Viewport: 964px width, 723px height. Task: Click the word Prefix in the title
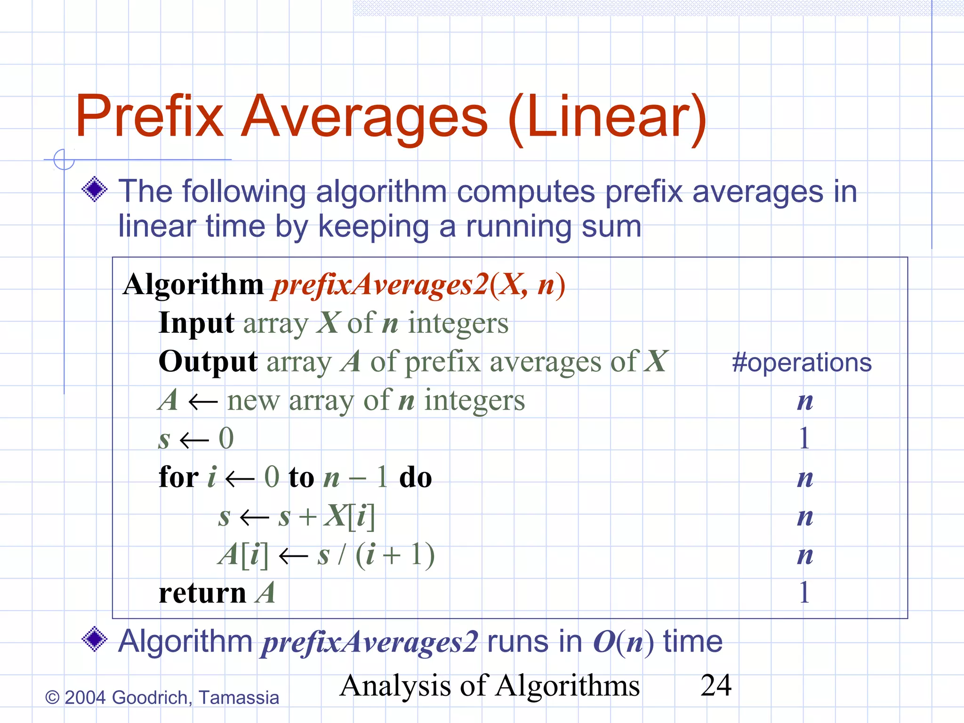coord(150,117)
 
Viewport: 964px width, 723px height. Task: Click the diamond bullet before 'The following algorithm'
coord(95,189)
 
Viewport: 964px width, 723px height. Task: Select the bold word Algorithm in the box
coord(193,285)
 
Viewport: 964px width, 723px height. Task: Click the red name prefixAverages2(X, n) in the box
coord(419,285)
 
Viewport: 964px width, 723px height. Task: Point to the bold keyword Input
coord(196,323)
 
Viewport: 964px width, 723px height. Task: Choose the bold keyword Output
coord(208,361)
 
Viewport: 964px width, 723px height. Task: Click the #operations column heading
coord(802,363)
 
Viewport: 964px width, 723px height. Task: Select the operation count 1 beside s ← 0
coord(804,438)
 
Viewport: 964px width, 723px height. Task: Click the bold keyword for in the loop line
coord(178,477)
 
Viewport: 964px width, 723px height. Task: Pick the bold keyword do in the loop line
coord(415,477)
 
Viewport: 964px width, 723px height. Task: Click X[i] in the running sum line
coord(349,516)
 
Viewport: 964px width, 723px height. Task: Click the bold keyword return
coord(202,593)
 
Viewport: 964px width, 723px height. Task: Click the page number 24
coord(716,685)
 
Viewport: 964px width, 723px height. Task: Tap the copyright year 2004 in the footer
coord(85,698)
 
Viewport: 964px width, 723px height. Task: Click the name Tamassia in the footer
coord(239,698)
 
